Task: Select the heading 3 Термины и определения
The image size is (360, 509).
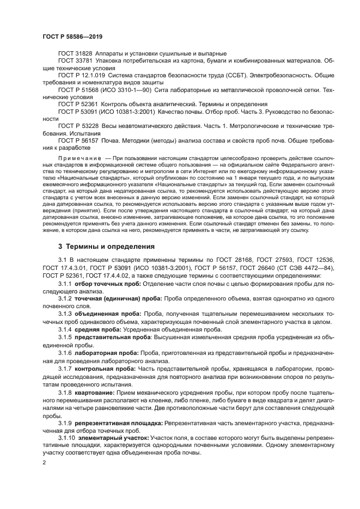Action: coord(101,246)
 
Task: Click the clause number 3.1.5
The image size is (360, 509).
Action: coord(65,337)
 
